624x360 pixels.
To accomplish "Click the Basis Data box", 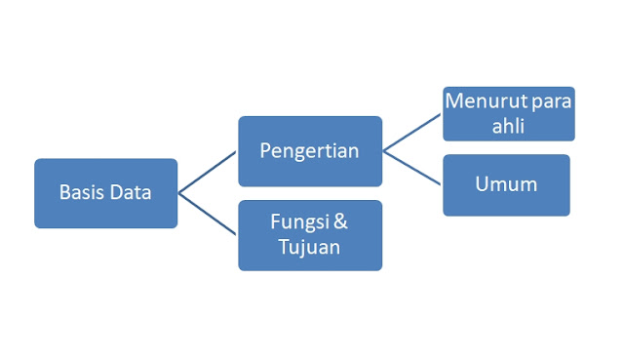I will click(x=105, y=193).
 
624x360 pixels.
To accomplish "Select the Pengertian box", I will click(x=309, y=151).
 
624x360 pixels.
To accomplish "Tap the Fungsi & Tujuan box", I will click(x=309, y=235).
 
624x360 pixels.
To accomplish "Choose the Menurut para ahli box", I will click(x=508, y=114).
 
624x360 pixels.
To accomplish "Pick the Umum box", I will click(x=506, y=184).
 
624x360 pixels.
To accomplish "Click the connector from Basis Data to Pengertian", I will click(x=208, y=172).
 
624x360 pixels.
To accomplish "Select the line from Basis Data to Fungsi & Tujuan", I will click(x=208, y=214).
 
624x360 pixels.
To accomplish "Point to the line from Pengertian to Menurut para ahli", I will click(x=412, y=132).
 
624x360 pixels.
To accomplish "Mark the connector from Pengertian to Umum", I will click(x=412, y=168).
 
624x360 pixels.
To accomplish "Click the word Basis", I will click(x=80, y=193).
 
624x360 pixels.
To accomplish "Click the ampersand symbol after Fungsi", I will click(x=340, y=222).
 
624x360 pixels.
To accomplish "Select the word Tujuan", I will click(x=309, y=247).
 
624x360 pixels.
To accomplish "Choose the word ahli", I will click(x=508, y=126).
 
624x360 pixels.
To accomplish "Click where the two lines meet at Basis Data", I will click(x=179, y=193).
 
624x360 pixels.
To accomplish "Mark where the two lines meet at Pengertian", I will click(x=383, y=151).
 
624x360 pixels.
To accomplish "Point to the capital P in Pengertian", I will click(x=266, y=151).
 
